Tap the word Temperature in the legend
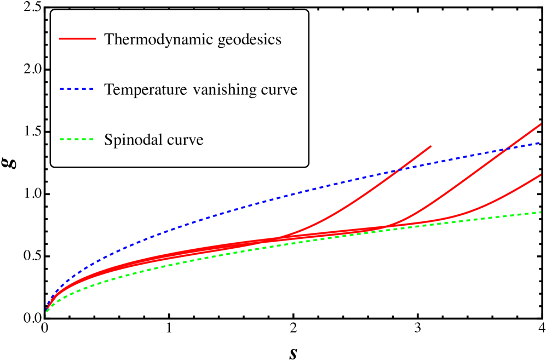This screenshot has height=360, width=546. [x=146, y=89]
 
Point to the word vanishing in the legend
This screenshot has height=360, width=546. [x=225, y=89]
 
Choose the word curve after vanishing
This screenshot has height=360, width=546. [x=279, y=89]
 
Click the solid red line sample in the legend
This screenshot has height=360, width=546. [x=77, y=39]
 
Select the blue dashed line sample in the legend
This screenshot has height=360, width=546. [x=77, y=89]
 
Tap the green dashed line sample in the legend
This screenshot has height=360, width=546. [x=77, y=139]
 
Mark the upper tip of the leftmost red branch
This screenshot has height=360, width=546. [x=432, y=146]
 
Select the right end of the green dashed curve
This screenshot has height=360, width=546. [x=541, y=212]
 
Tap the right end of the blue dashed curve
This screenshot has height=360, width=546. [x=541, y=142]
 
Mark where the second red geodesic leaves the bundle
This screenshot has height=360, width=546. [x=386, y=226]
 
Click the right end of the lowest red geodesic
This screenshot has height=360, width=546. [x=541, y=175]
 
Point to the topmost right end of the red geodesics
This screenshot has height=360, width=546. [x=541, y=124]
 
